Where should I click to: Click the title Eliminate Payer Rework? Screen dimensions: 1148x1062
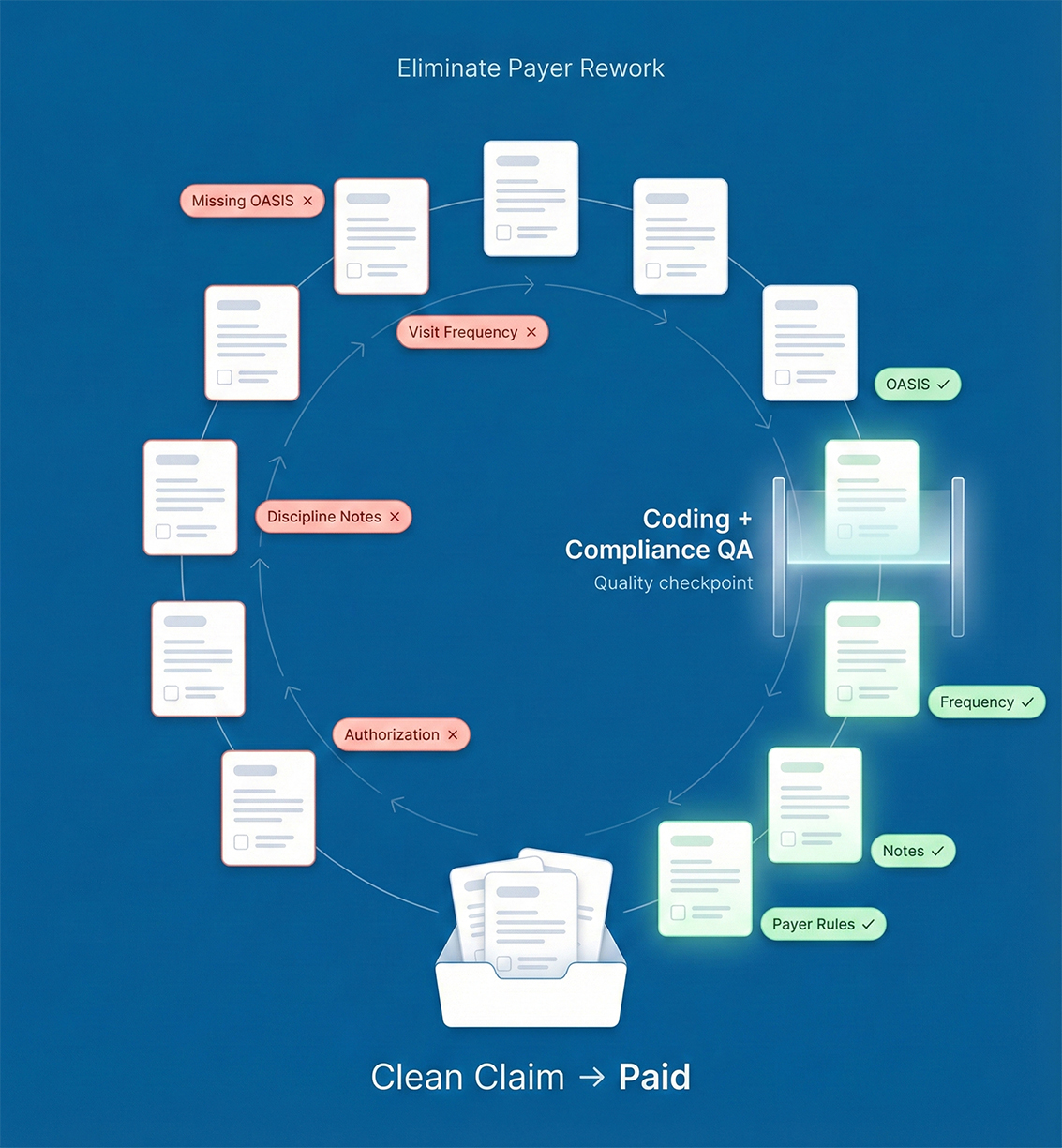[531, 68]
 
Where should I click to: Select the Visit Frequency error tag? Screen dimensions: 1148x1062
[471, 332]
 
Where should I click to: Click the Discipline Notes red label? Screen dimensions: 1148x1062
[333, 517]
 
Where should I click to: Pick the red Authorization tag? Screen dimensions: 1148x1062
[400, 734]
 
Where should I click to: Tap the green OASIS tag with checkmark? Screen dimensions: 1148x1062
[917, 385]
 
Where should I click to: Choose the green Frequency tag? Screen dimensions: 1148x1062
[986, 702]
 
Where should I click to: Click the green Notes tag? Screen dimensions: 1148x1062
[912, 851]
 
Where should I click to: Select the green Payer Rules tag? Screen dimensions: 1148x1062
[822, 924]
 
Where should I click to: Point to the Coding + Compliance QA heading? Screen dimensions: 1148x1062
[658, 534]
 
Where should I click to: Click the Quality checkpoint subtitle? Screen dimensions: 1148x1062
[673, 583]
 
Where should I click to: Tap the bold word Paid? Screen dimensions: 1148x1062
[654, 1077]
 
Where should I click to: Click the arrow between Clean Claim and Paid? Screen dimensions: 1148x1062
[591, 1078]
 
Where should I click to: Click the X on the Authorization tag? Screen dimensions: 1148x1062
[453, 735]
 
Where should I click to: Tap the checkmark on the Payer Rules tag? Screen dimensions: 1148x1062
[868, 925]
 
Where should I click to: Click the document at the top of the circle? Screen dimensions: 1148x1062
[531, 198]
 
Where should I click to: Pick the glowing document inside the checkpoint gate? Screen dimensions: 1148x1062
[871, 497]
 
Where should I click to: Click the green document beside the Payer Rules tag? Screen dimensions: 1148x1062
[705, 878]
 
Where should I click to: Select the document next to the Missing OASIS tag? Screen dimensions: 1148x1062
[381, 236]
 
